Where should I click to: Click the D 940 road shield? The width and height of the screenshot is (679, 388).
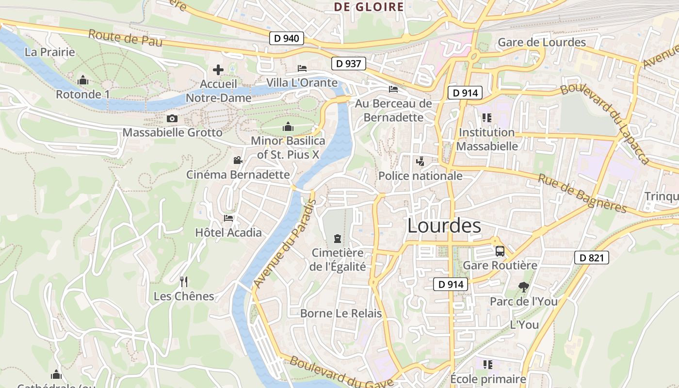pos(286,38)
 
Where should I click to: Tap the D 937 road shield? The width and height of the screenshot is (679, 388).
pos(348,64)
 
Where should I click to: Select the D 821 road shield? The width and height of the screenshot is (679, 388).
pos(592,258)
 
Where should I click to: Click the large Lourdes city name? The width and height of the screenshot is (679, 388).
pos(444,226)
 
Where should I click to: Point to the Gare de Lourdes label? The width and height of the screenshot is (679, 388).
pos(542,43)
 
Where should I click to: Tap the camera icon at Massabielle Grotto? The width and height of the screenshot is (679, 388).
pos(172,119)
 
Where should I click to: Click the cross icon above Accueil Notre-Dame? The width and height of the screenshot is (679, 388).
pos(218,70)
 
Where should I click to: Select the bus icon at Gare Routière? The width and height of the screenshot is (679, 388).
pos(500,251)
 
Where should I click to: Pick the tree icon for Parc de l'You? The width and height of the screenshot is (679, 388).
pos(523,287)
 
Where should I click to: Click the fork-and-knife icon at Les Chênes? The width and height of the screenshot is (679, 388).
pos(184,282)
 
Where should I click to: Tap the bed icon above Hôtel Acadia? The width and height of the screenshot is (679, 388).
pos(228,218)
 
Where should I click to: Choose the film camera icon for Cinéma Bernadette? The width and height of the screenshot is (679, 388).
pos(238,160)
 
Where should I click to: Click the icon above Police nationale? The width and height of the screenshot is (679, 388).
pos(420,161)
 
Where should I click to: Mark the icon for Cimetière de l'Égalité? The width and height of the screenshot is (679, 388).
pos(337,239)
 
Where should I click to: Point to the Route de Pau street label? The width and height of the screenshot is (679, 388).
pos(125,38)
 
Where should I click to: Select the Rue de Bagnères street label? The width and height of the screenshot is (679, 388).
pos(582,194)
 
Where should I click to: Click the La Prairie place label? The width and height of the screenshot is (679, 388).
pos(50,52)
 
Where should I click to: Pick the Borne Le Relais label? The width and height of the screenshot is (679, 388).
pos(341,313)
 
